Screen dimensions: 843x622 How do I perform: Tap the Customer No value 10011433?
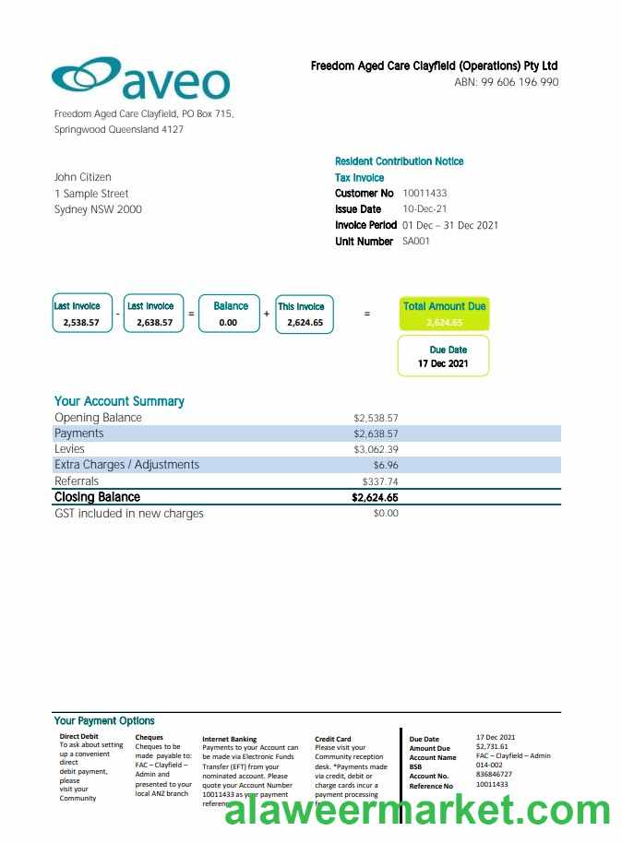[425, 194]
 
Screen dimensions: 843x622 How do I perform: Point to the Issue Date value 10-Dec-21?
[425, 209]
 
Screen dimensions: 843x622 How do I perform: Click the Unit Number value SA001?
[416, 242]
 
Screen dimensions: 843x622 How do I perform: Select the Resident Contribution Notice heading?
[399, 161]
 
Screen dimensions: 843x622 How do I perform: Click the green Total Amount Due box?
[444, 314]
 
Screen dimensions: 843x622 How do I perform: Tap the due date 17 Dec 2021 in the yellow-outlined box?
[443, 363]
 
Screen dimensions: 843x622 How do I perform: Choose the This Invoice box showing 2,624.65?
[305, 314]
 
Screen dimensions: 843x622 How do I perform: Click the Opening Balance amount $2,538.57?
[376, 418]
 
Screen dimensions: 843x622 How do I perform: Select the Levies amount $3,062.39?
[376, 449]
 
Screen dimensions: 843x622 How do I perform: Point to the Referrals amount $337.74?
[380, 481]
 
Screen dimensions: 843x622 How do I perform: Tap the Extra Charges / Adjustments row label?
[126, 465]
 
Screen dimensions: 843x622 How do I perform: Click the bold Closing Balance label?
[97, 497]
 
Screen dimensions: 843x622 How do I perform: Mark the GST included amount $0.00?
[386, 513]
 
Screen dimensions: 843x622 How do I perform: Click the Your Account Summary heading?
[119, 401]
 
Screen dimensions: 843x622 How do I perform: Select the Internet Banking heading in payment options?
[229, 739]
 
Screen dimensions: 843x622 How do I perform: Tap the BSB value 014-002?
[489, 766]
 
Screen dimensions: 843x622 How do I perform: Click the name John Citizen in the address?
[82, 177]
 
